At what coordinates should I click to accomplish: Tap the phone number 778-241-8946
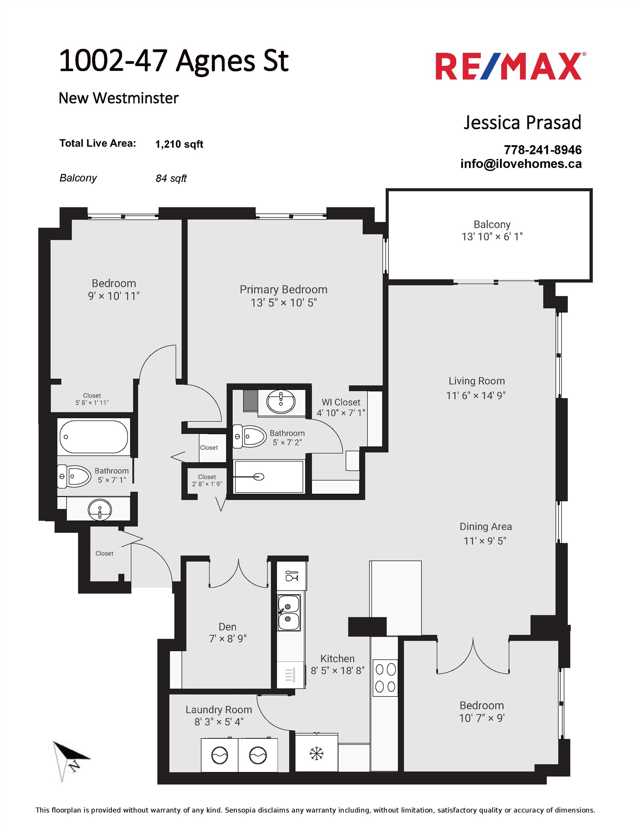(543, 150)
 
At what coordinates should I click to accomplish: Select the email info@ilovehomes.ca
(521, 164)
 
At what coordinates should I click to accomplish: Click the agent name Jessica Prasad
(522, 123)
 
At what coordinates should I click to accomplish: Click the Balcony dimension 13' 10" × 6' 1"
(492, 236)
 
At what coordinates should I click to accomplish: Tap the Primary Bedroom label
(283, 290)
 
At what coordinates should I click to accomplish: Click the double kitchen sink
(289, 613)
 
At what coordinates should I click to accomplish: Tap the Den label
(227, 627)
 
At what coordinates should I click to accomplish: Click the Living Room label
(476, 381)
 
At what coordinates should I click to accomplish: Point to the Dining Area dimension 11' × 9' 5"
(485, 541)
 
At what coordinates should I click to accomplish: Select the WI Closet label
(341, 402)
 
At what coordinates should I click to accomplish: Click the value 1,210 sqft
(179, 144)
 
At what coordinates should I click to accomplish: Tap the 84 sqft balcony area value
(171, 178)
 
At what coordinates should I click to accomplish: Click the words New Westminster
(119, 98)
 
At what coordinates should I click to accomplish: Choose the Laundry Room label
(219, 710)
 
